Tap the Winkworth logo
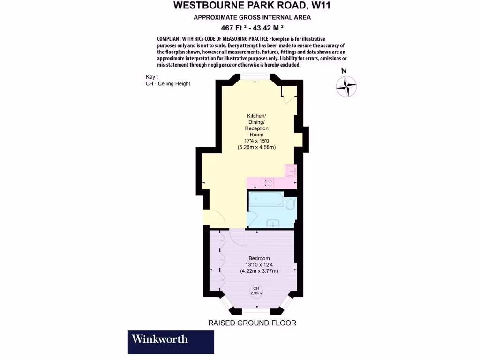171,342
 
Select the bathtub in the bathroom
265,202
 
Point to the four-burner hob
268,183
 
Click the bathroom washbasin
271,223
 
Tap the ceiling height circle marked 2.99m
256,291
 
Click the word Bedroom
259,258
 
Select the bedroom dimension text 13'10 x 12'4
259,264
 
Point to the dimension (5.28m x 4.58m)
256,147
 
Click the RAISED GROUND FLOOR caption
252,323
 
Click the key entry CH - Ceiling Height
168,83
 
